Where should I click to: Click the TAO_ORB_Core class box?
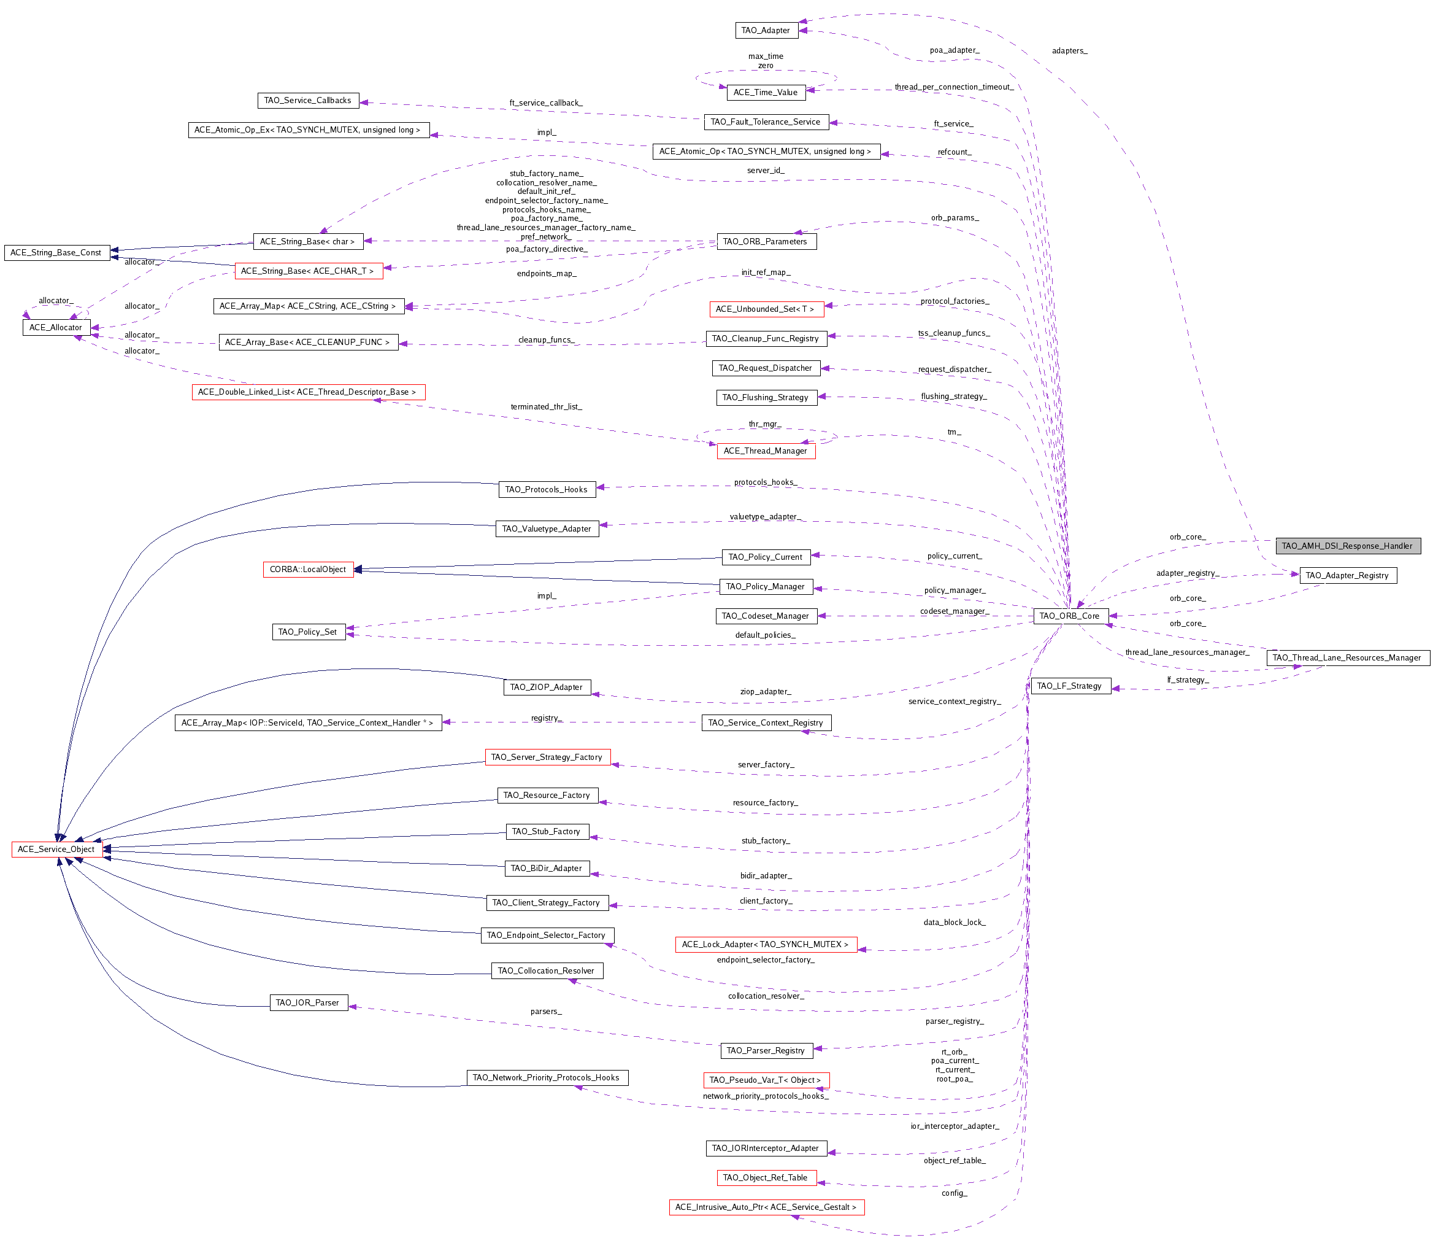(x=1070, y=616)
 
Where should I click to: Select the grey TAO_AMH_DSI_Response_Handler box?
(x=1348, y=546)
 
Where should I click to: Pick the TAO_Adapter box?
(x=766, y=30)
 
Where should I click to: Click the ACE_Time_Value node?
(x=766, y=92)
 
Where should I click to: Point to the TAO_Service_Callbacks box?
(x=308, y=100)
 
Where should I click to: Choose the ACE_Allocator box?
(x=56, y=328)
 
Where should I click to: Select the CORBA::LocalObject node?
(x=308, y=570)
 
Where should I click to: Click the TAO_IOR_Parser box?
(x=308, y=1002)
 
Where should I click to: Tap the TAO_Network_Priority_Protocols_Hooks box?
(x=547, y=1077)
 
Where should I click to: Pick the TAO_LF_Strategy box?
(x=1070, y=686)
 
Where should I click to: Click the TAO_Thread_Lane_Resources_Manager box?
(x=1348, y=658)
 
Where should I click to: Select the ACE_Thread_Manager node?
(x=766, y=451)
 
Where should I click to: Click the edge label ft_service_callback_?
(x=546, y=103)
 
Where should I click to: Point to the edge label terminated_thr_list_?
(x=546, y=407)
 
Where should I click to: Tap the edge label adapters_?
(x=1070, y=50)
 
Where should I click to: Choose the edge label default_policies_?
(x=766, y=635)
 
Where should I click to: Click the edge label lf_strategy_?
(x=1188, y=680)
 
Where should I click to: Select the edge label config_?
(x=954, y=1193)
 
